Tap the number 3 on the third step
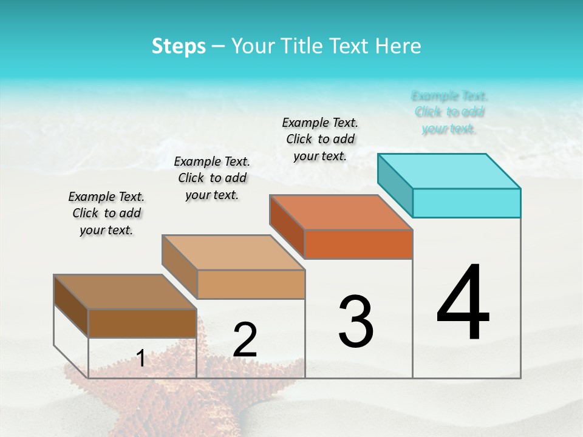point(356,322)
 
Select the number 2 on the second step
point(245,340)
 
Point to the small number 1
point(141,359)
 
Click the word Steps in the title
point(179,46)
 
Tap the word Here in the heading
point(398,46)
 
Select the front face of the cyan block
point(466,203)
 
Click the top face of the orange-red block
point(341,212)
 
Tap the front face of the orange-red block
point(358,244)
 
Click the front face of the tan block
point(251,284)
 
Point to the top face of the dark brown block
point(125,292)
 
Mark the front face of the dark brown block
point(142,323)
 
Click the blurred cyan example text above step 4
point(449,112)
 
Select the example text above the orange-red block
point(320,139)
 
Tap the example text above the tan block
point(212,178)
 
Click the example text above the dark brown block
point(106,213)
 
